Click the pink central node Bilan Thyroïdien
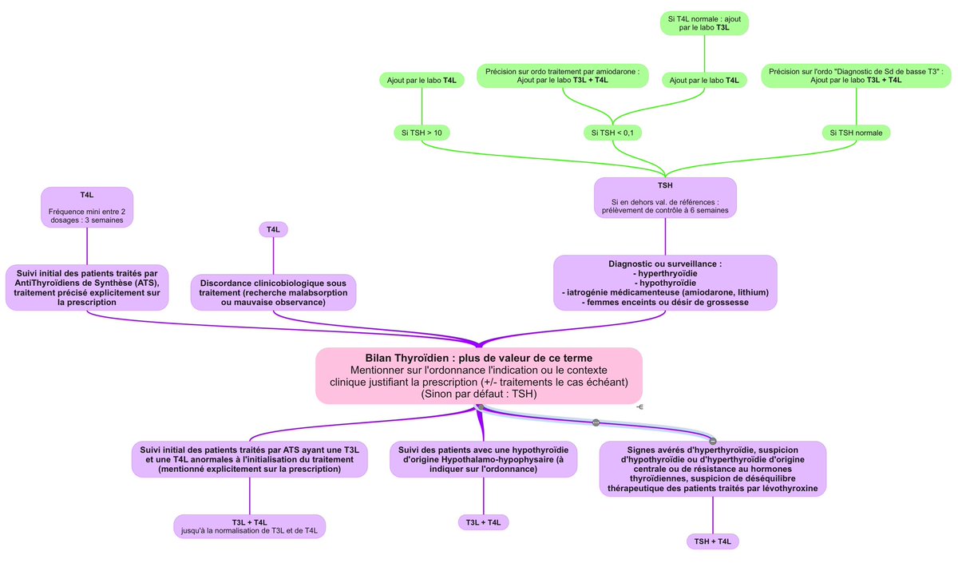coord(479,375)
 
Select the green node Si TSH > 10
coord(422,133)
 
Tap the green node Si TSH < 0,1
coord(612,133)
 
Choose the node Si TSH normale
coord(857,133)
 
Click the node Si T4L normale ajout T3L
coord(704,22)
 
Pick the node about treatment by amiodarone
coord(563,76)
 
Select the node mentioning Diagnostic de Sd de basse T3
coord(856,76)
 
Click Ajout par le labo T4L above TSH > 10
coord(422,80)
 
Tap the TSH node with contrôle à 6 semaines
coord(665,197)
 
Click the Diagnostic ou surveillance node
coord(665,283)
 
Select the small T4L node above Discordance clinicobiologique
coord(273,229)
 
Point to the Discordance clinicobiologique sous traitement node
coord(273,292)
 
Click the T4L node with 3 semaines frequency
coord(86,207)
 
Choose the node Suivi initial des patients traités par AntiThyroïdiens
coord(87,287)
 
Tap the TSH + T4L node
coord(713,541)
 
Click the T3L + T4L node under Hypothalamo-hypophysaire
coord(483,522)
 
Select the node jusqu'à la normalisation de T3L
coord(249,526)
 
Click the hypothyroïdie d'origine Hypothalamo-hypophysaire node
coord(483,459)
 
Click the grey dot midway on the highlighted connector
coord(596,422)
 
